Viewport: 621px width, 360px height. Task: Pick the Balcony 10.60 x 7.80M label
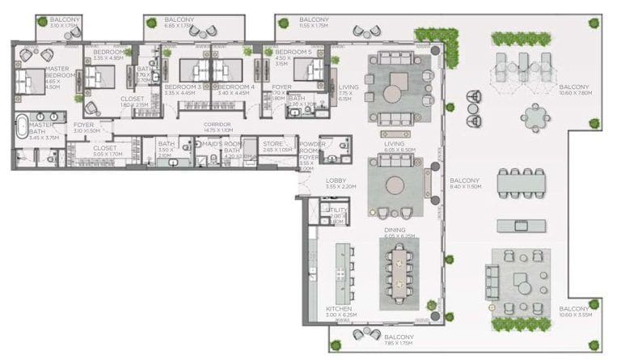[575, 90]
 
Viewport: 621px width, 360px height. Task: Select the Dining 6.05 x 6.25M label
[399, 232]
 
